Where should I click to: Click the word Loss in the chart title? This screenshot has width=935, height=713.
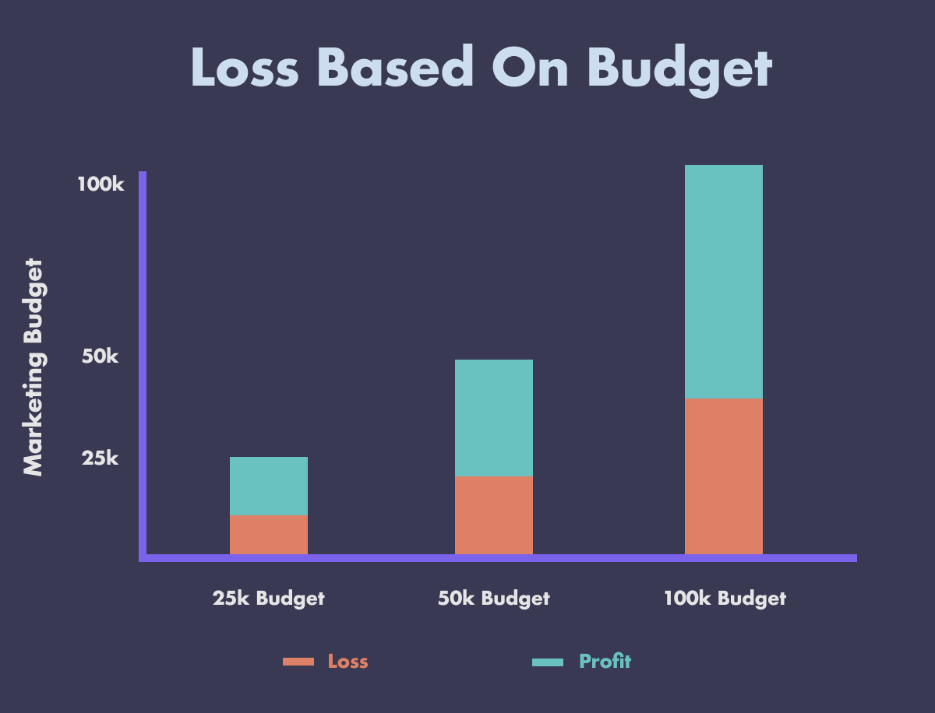point(245,67)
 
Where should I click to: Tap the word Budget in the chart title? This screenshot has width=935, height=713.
point(680,70)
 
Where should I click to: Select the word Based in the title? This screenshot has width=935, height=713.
point(395,66)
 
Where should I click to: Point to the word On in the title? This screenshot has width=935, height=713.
point(530,67)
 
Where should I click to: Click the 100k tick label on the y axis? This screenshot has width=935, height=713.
point(101,184)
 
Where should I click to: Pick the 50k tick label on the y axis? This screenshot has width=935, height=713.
point(100,356)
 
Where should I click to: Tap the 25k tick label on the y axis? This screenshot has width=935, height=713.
point(100,458)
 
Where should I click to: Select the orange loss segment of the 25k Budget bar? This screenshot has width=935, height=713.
point(269,535)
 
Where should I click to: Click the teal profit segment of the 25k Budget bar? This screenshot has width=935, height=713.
point(269,486)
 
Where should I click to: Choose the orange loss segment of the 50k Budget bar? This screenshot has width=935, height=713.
point(494,515)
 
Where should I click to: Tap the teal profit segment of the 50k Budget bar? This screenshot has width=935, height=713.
point(494,418)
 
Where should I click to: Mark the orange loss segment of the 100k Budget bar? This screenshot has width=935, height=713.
point(724,476)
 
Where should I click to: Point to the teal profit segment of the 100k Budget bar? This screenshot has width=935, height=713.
point(724,282)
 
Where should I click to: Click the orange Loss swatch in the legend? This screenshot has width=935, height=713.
point(298,662)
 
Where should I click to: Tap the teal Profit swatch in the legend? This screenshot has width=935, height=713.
point(548,662)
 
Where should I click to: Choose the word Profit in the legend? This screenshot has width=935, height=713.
point(605,662)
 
